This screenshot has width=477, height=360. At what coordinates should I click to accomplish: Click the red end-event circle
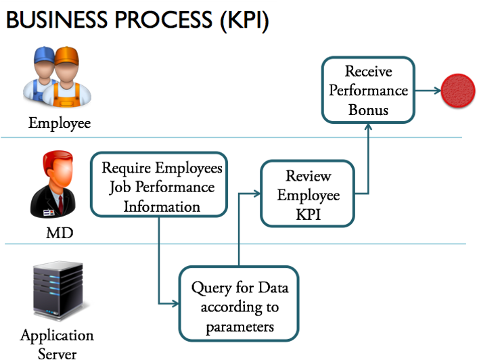click(x=458, y=91)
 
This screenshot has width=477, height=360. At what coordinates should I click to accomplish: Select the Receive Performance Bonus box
click(x=368, y=90)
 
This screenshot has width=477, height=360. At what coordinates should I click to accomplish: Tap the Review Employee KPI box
click(x=308, y=194)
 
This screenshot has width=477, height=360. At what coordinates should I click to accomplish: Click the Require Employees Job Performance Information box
click(x=159, y=185)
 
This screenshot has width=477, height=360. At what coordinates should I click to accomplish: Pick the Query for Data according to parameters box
click(x=239, y=304)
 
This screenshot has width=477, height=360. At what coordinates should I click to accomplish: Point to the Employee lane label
click(x=60, y=124)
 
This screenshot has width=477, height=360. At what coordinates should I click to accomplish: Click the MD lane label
click(x=60, y=233)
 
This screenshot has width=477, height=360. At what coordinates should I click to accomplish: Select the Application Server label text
click(x=57, y=344)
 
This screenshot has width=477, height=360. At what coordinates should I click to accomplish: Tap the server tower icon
click(x=58, y=291)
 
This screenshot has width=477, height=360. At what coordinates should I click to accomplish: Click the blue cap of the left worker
click(x=44, y=54)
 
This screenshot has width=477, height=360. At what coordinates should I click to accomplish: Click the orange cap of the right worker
click(x=66, y=55)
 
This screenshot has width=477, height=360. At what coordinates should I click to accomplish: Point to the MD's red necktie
click(x=61, y=204)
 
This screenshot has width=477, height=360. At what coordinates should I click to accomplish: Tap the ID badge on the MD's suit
click(x=49, y=212)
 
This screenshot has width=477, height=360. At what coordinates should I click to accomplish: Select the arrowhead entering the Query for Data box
click(x=175, y=303)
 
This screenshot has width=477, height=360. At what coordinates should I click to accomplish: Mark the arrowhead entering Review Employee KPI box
click(x=257, y=194)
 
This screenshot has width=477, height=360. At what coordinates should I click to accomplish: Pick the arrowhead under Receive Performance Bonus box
click(x=368, y=127)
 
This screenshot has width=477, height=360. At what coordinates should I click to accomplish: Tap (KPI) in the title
click(x=244, y=21)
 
